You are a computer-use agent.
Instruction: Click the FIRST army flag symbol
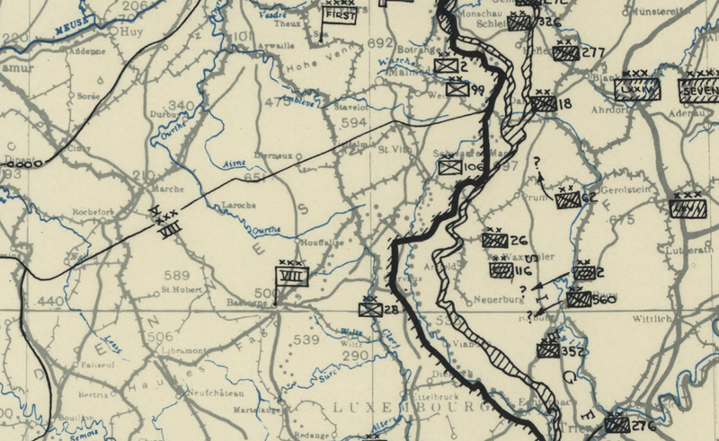coord(341,15)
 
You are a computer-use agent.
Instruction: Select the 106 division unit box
coord(449,166)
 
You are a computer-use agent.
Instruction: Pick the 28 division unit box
coord(369,309)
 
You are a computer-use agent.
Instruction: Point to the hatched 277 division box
coord(565,53)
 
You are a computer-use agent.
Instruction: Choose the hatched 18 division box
coord(542,103)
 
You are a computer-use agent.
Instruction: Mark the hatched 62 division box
coord(568,200)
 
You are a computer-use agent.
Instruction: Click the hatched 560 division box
coord(579,299)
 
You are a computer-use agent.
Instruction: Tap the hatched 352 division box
coord(548,351)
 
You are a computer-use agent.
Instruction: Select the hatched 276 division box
coord(617,423)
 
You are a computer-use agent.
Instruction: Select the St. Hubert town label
coord(179,290)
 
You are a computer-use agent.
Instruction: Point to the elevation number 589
coord(176,275)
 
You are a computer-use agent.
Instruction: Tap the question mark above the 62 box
coord(537,163)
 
